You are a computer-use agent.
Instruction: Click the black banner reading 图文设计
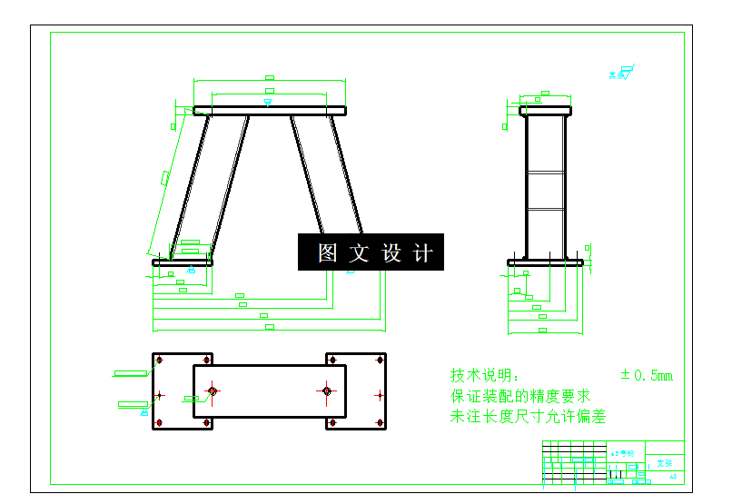[x=371, y=252]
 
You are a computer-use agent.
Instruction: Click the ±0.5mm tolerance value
[x=647, y=375]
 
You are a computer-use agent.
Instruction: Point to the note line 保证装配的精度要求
[x=520, y=396]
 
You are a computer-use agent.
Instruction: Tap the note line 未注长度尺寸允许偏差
[x=528, y=417]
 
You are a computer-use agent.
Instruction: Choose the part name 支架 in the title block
[x=665, y=463]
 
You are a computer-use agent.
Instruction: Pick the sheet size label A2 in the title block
[x=673, y=475]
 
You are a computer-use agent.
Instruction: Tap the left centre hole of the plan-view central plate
[x=213, y=391]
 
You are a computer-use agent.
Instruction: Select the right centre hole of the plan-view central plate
[x=327, y=391]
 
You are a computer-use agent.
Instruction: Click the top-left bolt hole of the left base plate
[x=160, y=361]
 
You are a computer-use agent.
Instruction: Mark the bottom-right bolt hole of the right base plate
[x=378, y=423]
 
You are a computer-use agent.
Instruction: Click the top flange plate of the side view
[x=546, y=111]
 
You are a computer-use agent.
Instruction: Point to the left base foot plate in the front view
[x=182, y=262]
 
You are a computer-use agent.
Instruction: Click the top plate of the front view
[x=270, y=111]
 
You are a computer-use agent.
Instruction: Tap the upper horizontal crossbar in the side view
[x=546, y=170]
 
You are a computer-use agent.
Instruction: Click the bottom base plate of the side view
[x=546, y=262]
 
